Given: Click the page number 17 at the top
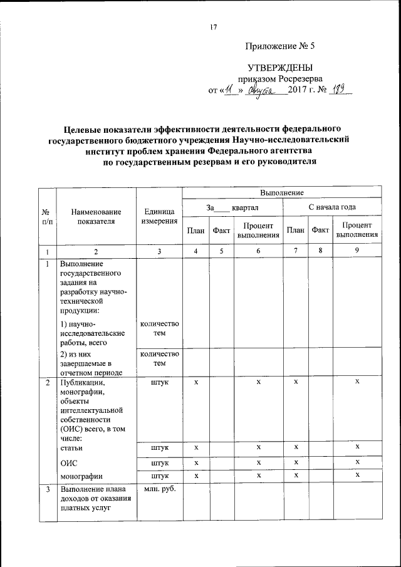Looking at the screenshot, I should (214, 28).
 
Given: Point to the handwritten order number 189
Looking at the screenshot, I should (341, 90).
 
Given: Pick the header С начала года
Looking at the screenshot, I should (332, 207).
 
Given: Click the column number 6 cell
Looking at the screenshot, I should (258, 251).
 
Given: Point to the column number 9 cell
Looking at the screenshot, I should (357, 251).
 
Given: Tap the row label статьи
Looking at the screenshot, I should (71, 447).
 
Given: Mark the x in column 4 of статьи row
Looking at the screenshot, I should (196, 447).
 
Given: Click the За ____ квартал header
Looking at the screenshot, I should (232, 207).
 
